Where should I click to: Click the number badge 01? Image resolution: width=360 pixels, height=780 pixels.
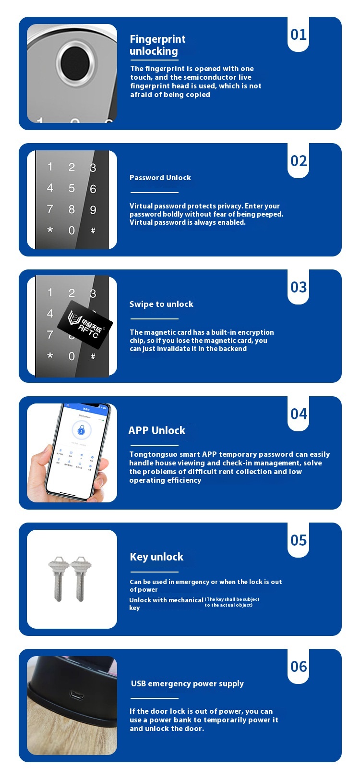coord(299,35)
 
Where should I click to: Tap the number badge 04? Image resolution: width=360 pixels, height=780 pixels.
coord(299,414)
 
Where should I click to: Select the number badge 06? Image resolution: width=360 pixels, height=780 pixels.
coord(299,667)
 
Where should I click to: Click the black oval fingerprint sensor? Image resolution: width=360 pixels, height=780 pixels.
coord(75,63)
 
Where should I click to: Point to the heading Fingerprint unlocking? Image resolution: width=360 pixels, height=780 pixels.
coord(157,45)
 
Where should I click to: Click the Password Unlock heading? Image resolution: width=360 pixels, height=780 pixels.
coord(160,178)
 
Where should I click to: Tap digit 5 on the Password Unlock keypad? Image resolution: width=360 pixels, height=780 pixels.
coord(72,188)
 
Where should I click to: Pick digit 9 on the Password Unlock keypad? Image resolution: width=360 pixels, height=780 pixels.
coord(93,209)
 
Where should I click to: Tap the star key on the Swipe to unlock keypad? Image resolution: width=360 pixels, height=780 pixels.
coord(50,355)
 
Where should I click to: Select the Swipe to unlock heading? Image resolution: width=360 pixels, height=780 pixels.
coord(161,304)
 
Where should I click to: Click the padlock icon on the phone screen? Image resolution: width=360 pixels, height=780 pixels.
coord(81,430)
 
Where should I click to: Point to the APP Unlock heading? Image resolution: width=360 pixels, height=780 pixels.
coord(156,430)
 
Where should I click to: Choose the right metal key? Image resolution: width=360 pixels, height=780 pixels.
coord(81,578)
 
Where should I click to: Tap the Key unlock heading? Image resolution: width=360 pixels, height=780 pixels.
coord(156,557)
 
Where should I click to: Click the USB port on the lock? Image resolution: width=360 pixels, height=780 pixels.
coord(77,696)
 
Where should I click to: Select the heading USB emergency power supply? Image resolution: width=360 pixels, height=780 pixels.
coord(187,683)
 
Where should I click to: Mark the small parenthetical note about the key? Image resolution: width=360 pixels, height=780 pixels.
coord(232,602)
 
